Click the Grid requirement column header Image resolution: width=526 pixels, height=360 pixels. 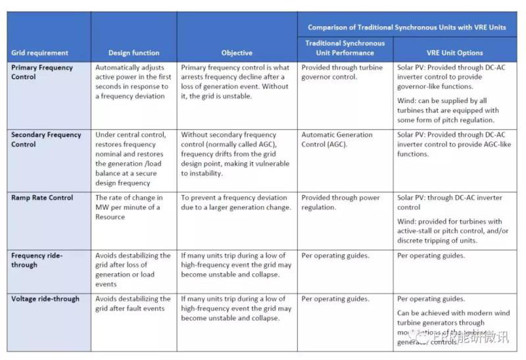tap(39, 53)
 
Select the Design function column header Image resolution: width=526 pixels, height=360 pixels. tap(133, 53)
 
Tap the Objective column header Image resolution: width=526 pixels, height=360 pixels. tap(237, 53)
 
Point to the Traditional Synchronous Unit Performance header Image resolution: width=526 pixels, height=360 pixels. tap(345, 48)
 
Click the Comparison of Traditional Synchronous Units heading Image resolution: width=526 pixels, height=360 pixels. tap(407, 28)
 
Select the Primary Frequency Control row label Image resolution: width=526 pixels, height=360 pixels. tap(42, 72)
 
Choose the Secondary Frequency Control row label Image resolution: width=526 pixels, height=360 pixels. tap(46, 139)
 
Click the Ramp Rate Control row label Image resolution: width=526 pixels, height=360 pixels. tap(42, 198)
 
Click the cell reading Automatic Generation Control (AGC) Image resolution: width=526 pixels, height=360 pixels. tap(337, 139)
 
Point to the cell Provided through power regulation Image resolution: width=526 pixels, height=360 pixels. tap(341, 202)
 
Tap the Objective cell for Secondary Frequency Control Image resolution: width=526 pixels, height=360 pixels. tap(235, 154)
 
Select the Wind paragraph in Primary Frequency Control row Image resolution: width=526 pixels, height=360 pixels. tap(446, 110)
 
